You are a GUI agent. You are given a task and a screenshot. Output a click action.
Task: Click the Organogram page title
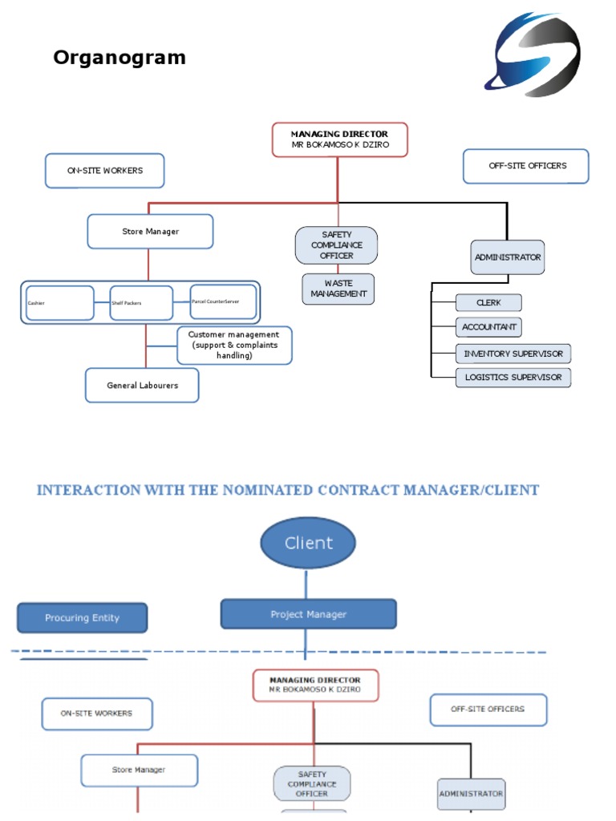point(120,58)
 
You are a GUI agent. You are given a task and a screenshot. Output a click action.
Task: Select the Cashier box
point(59,303)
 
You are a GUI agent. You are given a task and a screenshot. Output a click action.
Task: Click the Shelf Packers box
point(141,303)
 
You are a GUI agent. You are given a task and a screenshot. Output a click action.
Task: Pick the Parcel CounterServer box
point(224,301)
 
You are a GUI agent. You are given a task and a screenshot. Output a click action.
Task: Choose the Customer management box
point(233,345)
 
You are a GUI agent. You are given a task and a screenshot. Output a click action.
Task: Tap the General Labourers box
point(142,386)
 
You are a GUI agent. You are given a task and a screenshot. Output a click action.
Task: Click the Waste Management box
point(338,289)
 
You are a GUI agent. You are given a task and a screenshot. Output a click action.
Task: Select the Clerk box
point(488,303)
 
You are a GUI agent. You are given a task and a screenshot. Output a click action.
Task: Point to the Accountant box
point(488,327)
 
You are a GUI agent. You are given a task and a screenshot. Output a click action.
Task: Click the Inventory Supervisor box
point(513,354)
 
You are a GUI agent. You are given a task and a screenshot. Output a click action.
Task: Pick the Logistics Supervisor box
point(513,378)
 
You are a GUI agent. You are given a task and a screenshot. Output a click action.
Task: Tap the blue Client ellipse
point(308,543)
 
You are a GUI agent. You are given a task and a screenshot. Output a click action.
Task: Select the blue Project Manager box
point(308,614)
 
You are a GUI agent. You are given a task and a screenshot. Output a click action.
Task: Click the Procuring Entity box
point(83,618)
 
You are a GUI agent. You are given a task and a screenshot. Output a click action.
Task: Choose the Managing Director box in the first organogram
point(339,140)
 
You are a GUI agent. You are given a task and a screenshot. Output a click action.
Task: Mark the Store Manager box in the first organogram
point(150,232)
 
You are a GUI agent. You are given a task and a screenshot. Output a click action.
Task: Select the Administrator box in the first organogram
point(507,257)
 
